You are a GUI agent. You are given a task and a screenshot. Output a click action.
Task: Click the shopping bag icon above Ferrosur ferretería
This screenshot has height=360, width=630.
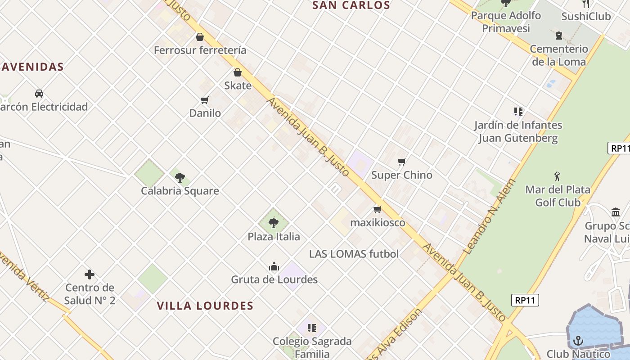click(200, 37)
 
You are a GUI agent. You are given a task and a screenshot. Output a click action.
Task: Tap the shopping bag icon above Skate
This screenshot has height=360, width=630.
click(238, 72)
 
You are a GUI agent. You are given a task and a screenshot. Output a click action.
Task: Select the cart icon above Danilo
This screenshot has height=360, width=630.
click(205, 100)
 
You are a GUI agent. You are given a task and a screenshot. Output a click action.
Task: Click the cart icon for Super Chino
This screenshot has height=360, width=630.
click(402, 162)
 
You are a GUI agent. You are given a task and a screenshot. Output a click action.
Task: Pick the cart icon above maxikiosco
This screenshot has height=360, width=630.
click(378, 210)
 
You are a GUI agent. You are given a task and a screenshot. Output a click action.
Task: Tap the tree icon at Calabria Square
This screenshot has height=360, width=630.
click(180, 178)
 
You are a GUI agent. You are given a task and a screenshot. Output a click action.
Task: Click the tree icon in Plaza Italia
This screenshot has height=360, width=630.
click(274, 223)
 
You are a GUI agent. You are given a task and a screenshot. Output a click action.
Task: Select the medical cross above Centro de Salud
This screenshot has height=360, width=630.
click(90, 274)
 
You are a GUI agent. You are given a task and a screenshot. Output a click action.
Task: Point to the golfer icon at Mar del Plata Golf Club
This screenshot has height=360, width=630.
click(558, 176)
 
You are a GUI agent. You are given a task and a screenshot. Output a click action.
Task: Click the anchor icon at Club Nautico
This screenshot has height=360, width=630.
click(578, 341)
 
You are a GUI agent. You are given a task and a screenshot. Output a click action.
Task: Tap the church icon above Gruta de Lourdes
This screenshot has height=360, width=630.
click(274, 267)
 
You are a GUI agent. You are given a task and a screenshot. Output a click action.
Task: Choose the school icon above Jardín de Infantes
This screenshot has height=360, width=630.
click(518, 112)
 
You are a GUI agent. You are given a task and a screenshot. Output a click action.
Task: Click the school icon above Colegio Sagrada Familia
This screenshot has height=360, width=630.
click(312, 328)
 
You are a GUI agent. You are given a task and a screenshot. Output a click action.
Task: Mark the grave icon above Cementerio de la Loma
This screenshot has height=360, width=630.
click(559, 36)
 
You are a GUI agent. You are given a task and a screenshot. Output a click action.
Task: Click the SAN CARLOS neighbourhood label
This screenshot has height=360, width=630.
click(351, 5)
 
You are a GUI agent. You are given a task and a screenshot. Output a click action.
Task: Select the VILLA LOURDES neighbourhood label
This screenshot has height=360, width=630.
click(205, 306)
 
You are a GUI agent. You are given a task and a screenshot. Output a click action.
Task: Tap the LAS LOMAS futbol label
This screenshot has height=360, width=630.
click(354, 254)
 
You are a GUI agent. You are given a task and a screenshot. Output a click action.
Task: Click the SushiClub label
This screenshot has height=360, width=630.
click(586, 17)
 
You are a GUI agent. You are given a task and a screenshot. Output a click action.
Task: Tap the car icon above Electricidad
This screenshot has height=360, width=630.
click(39, 94)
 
